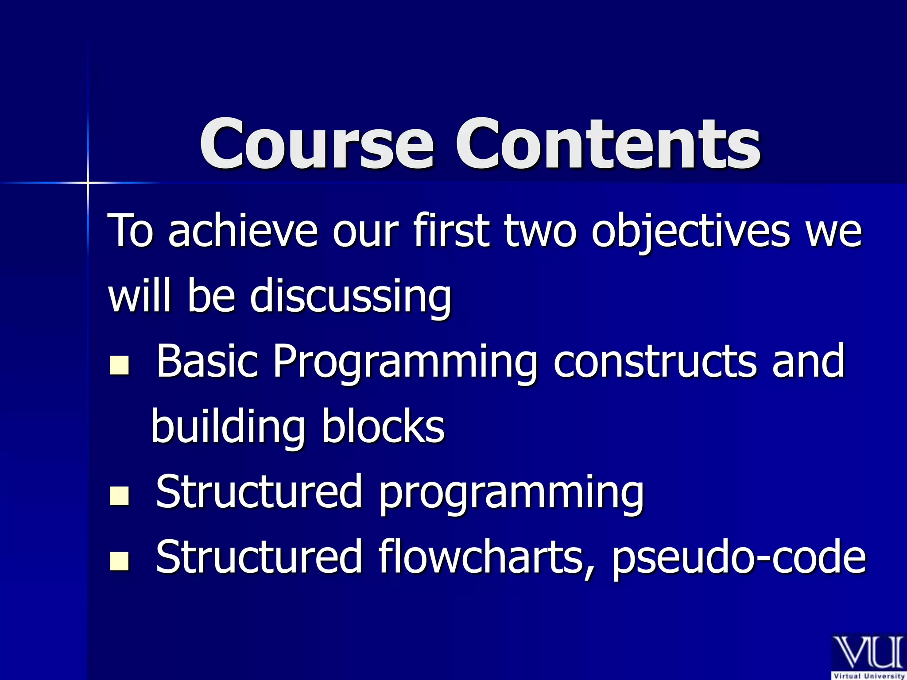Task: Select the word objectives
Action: (691, 231)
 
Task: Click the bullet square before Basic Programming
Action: (119, 365)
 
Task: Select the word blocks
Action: (383, 426)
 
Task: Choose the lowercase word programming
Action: (511, 493)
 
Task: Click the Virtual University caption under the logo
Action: (868, 676)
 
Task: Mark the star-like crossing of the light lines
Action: (88, 182)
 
